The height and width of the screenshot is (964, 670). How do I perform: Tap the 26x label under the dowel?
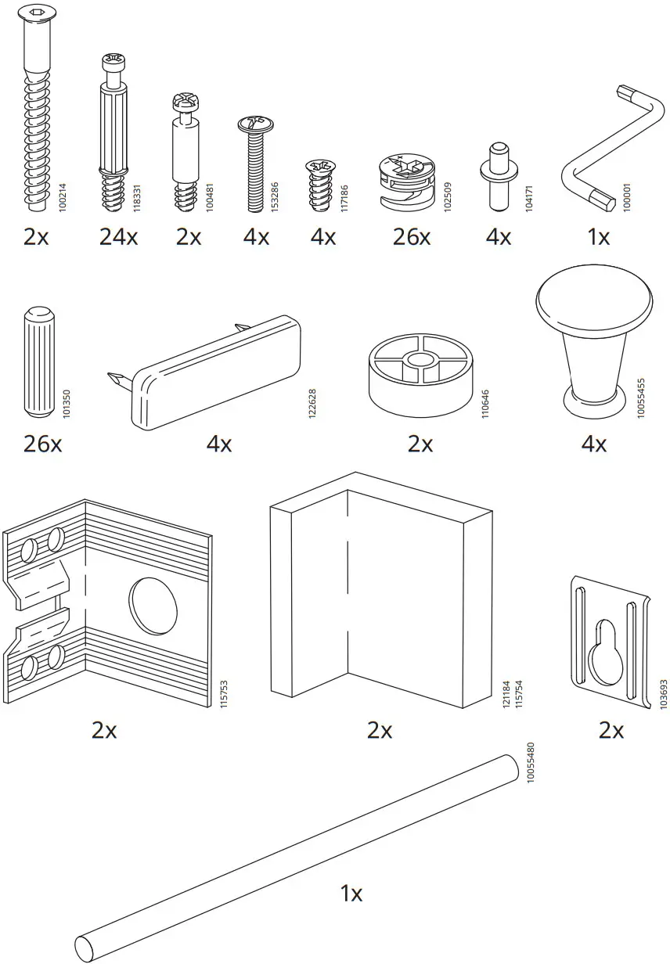point(42,444)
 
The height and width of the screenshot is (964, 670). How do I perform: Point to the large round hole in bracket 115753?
point(153,606)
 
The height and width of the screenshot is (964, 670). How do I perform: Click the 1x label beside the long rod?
point(351,893)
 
